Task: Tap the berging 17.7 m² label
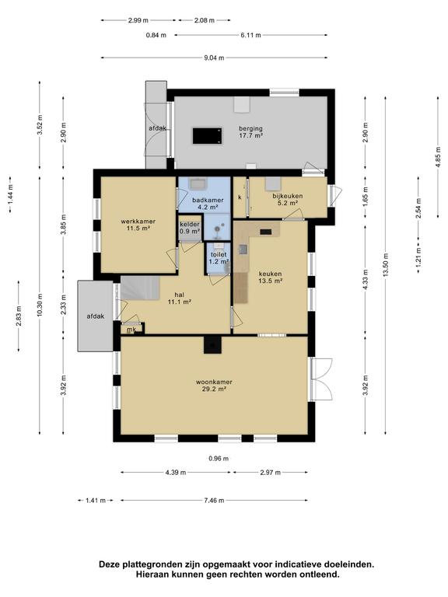pyautogui.click(x=250, y=131)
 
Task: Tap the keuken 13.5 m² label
pyautogui.click(x=270, y=278)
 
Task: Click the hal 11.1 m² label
pyautogui.click(x=179, y=298)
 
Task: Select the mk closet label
pyautogui.click(x=131, y=330)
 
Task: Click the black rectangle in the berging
pyautogui.click(x=208, y=136)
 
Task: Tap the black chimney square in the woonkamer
pyautogui.click(x=212, y=344)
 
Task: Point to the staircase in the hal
pyautogui.click(x=139, y=288)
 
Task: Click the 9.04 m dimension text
pyautogui.click(x=214, y=58)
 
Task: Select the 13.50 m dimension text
pyautogui.click(x=386, y=265)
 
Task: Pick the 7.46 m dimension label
pyautogui.click(x=214, y=501)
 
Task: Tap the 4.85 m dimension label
pyautogui.click(x=438, y=156)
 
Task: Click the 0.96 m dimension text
pyautogui.click(x=219, y=459)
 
